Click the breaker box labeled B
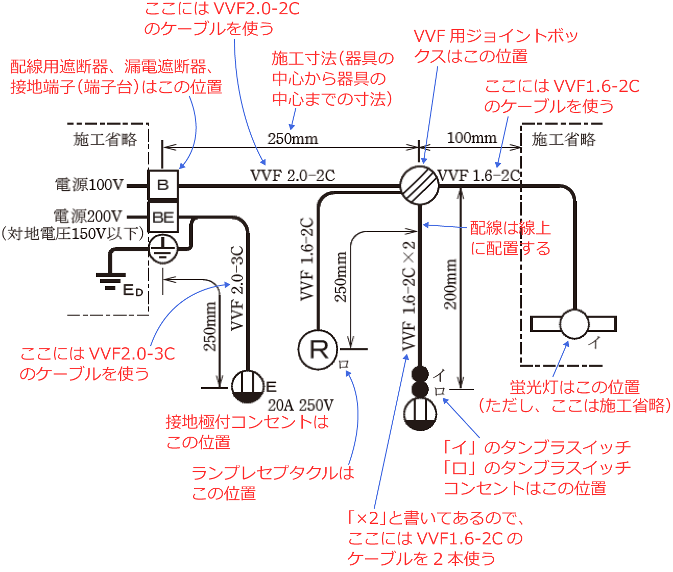pos(163,184)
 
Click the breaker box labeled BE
pos(163,218)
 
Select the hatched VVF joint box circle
pos(419,185)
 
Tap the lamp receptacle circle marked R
pos(318,350)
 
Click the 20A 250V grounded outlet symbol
pos(248,387)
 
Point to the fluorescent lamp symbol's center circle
pos(574,324)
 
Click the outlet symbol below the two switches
pos(420,413)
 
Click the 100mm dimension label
pos(472,138)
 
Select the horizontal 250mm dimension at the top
pos(293,139)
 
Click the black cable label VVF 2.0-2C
pos(293,175)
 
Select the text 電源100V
pos(90,184)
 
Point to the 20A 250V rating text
pos(301,406)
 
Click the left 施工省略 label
pos(105,139)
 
